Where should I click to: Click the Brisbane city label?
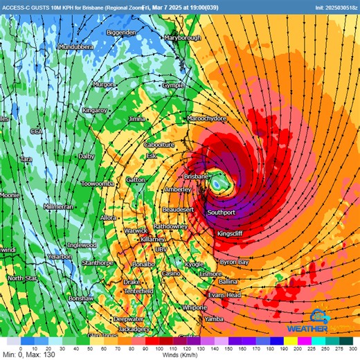point(196,177)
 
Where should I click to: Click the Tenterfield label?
point(138,291)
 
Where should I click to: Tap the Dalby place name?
point(87,156)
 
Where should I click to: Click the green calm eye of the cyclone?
point(219,184)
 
